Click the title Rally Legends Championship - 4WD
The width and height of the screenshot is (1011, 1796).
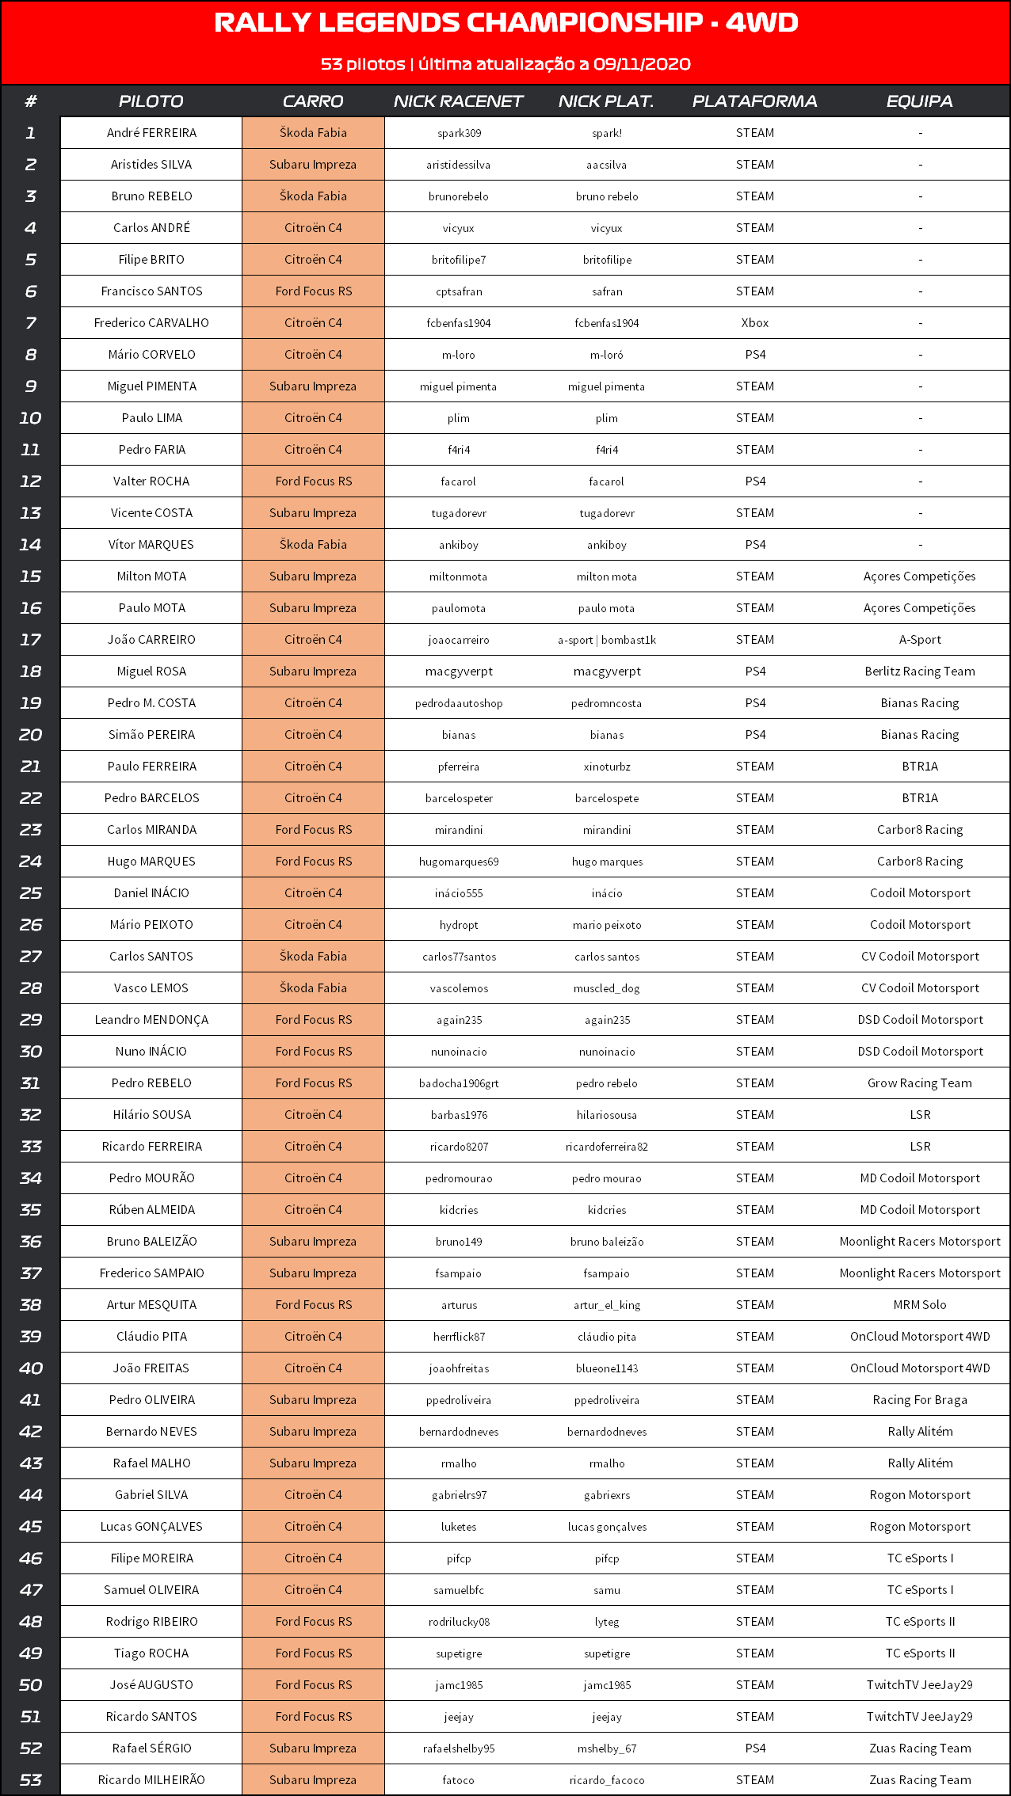click(x=506, y=23)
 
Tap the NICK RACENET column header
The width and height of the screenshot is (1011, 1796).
click(x=458, y=101)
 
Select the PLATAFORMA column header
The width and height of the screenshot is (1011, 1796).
click(x=754, y=101)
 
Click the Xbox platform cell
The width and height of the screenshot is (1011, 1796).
click(x=755, y=323)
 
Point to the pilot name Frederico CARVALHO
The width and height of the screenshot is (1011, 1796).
click(x=151, y=323)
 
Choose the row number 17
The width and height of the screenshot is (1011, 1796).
click(x=31, y=640)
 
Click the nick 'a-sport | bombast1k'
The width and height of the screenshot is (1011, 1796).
click(x=606, y=640)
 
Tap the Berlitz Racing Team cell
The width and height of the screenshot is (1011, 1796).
click(x=919, y=672)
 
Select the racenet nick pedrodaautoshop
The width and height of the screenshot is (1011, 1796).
click(x=459, y=703)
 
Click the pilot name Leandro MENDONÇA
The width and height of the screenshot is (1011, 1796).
click(x=151, y=1020)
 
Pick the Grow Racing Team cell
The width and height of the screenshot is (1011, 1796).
click(x=919, y=1083)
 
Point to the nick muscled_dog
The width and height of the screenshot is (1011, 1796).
click(x=606, y=988)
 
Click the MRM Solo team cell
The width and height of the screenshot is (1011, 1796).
click(x=919, y=1305)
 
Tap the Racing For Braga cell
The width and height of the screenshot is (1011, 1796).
click(x=919, y=1400)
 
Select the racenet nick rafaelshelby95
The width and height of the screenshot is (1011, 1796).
click(x=459, y=1748)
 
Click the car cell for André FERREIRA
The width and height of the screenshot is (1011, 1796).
click(x=313, y=133)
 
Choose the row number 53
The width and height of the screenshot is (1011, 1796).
click(x=31, y=1780)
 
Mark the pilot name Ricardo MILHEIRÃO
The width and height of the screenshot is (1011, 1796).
click(x=151, y=1780)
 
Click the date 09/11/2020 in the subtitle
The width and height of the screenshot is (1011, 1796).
click(x=642, y=64)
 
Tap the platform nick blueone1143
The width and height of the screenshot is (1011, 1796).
click(x=606, y=1368)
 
